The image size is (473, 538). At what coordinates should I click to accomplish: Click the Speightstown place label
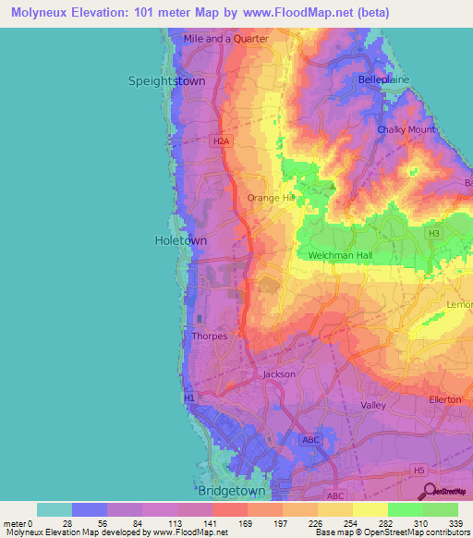[x=166, y=81]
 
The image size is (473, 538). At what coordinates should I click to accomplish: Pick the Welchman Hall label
[x=338, y=254]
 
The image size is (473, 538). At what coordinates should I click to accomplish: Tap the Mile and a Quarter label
[x=226, y=39]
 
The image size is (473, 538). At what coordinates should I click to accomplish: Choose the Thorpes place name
[x=209, y=336]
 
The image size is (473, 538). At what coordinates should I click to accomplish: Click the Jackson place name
[x=279, y=373]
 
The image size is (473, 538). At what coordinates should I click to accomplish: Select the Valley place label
[x=373, y=406]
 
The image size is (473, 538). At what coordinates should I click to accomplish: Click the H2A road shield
[x=219, y=141]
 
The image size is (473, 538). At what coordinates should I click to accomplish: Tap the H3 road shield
[x=433, y=234]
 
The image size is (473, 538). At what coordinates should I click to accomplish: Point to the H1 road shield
[x=189, y=397]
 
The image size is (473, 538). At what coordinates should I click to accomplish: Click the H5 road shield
[x=420, y=470]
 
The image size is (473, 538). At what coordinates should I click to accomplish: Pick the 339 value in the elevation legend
[x=458, y=522]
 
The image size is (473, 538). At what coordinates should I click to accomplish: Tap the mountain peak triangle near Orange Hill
[x=334, y=188]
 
